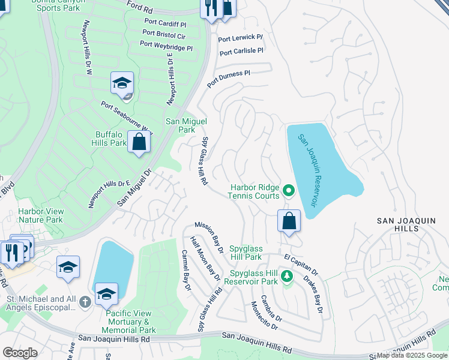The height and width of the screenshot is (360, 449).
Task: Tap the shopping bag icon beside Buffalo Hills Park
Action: pos(139,143)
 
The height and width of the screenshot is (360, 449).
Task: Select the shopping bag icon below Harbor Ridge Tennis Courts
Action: pos(289,220)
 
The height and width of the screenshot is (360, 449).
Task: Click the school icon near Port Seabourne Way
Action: pos(122,83)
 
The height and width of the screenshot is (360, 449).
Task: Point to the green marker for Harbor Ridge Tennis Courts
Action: pos(289,191)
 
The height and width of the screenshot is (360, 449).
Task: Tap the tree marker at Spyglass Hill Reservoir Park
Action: pos(287,276)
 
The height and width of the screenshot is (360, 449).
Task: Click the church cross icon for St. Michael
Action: pos(85,299)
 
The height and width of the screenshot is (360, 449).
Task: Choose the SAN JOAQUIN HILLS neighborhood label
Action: pos(406,226)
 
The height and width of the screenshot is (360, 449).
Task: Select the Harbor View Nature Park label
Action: pos(40,215)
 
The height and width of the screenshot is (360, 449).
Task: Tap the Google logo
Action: pos(20,352)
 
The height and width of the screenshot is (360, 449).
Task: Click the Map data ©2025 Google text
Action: pos(412,355)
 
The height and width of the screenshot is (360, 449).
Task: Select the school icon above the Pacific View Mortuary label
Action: pos(106,294)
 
